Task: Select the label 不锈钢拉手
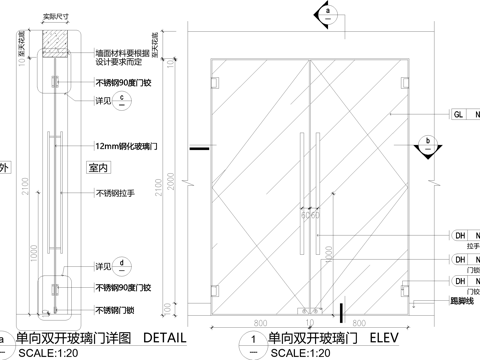pos(118,193)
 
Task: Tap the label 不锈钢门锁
pos(118,310)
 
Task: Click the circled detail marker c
pos(122,100)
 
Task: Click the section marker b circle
pos(427,141)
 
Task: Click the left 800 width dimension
pos(261,324)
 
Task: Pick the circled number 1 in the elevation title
pos(255,342)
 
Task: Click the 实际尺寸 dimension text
pos(55,17)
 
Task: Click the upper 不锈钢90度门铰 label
pos(122,83)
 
